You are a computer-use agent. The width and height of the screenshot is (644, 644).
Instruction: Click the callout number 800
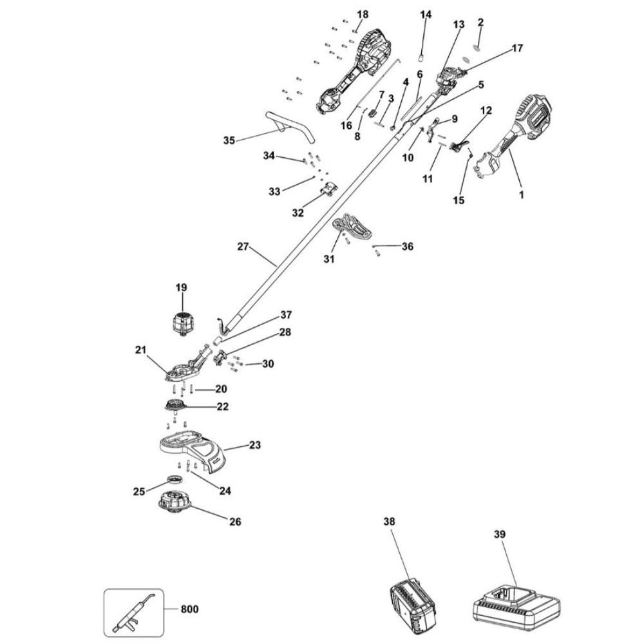[x=189, y=609]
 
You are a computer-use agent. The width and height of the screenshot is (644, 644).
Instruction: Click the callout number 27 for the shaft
[x=242, y=246]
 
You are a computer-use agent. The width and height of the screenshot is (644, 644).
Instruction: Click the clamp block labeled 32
[x=329, y=191]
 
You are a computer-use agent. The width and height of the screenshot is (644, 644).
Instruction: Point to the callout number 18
[x=363, y=14]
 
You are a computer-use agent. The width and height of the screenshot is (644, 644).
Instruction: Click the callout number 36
[x=407, y=246]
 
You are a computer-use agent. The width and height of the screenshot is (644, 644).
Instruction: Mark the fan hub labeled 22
[x=175, y=406]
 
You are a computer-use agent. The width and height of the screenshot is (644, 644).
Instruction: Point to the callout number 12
[x=486, y=111]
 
